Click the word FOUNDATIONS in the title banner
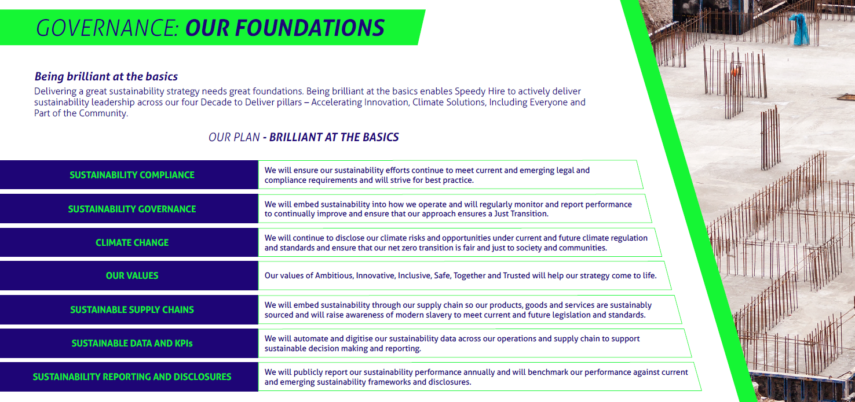pyautogui.click(x=310, y=28)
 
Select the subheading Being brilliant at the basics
pyautogui.click(x=106, y=76)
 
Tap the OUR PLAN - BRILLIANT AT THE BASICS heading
pyautogui.click(x=304, y=137)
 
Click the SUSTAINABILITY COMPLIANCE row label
pyautogui.click(x=132, y=175)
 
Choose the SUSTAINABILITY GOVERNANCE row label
pyautogui.click(x=132, y=209)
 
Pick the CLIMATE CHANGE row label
pyautogui.click(x=132, y=243)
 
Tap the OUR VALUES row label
pyautogui.click(x=132, y=275)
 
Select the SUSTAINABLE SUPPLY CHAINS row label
pyautogui.click(x=132, y=309)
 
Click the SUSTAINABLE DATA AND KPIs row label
pyautogui.click(x=132, y=344)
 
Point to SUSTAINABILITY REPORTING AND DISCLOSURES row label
pyautogui.click(x=132, y=377)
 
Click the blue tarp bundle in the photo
pyautogui.click(x=799, y=29)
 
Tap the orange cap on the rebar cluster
pyautogui.click(x=735, y=71)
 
